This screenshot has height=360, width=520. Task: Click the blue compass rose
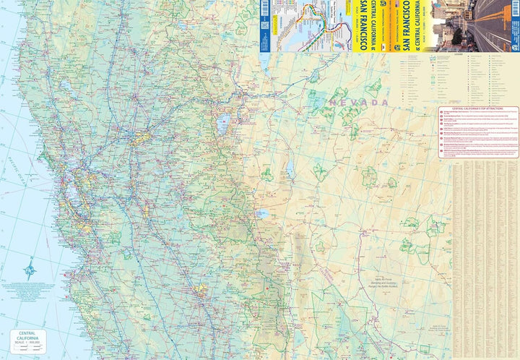[29, 271]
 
